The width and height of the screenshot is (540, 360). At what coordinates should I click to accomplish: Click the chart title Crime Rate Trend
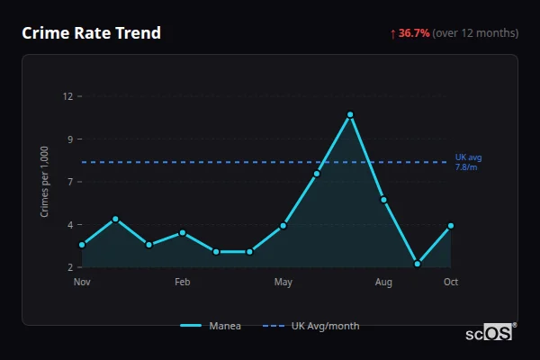click(91, 33)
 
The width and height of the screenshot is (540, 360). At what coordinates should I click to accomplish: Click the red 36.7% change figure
click(414, 33)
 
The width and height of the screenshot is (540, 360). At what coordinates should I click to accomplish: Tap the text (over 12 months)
click(475, 33)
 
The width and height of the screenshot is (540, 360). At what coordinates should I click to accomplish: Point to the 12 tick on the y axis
click(68, 96)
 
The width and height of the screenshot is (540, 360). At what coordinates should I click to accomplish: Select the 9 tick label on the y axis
click(68, 139)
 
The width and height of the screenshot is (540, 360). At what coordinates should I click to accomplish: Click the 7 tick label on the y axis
click(68, 182)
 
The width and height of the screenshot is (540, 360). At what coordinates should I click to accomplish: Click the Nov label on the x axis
click(82, 283)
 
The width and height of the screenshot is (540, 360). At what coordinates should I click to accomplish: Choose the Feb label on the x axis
click(183, 283)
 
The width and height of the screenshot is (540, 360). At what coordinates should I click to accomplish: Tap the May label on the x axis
click(283, 283)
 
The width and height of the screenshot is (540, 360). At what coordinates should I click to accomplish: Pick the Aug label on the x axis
click(383, 283)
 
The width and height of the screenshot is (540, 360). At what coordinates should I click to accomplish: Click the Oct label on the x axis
click(451, 283)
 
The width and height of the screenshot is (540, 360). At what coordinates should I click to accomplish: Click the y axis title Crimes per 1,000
click(45, 182)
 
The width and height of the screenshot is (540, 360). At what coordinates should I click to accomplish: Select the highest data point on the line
click(350, 114)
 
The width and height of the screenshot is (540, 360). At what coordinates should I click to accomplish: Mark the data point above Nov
click(82, 245)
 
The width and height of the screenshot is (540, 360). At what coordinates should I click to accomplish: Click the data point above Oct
click(451, 226)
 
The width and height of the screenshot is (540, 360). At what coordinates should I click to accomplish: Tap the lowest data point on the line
click(418, 265)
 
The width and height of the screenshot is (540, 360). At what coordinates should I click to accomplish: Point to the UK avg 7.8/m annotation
click(468, 162)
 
